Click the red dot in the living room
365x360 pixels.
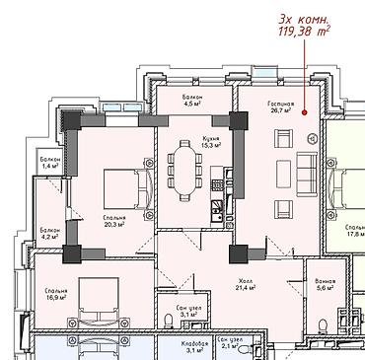pyautogui.click(x=304, y=112)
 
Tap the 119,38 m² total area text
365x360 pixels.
pyautogui.click(x=304, y=32)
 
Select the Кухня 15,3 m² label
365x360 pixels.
pyautogui.click(x=211, y=141)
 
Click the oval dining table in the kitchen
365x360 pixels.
pyautogui.click(x=184, y=171)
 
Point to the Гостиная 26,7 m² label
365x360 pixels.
pyautogui.click(x=279, y=108)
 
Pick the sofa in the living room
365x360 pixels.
pyautogui.click(x=307, y=174)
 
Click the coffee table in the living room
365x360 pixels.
pyautogui.click(x=283, y=174)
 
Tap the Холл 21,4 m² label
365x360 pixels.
pyautogui.click(x=246, y=284)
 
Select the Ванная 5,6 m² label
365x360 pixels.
pyautogui.click(x=326, y=284)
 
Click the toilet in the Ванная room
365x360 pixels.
pyautogui.click(x=323, y=325)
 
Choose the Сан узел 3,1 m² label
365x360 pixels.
pyautogui.click(x=188, y=312)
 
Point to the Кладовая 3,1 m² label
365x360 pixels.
pyautogui.click(x=194, y=347)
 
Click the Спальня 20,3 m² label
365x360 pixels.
pyautogui.click(x=113, y=221)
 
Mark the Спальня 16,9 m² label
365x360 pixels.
pyautogui.click(x=56, y=294)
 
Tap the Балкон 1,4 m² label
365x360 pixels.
pyautogui.click(x=49, y=162)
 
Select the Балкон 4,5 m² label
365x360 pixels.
pyautogui.click(x=192, y=100)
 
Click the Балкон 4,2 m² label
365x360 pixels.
pyautogui.click(x=49, y=233)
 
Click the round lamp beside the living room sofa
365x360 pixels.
pyautogui.click(x=313, y=139)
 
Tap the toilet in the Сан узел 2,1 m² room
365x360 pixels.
pyautogui.click(x=245, y=349)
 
